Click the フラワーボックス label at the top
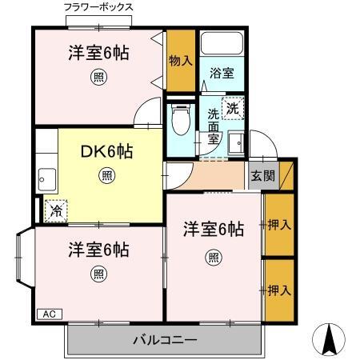pyautogui.click(x=98, y=7)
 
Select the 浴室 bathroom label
pyautogui.click(x=221, y=73)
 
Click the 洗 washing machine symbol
pyautogui.click(x=232, y=107)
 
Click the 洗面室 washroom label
pyautogui.click(x=213, y=126)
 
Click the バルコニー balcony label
pyautogui.click(x=164, y=340)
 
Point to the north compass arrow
pyautogui.click(x=328, y=340)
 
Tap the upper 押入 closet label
pyautogui.click(x=278, y=225)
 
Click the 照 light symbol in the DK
pyautogui.click(x=106, y=175)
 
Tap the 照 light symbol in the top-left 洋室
pyautogui.click(x=98, y=78)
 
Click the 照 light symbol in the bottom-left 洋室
pyautogui.click(x=98, y=274)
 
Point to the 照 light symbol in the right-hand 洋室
pyautogui.click(x=213, y=257)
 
